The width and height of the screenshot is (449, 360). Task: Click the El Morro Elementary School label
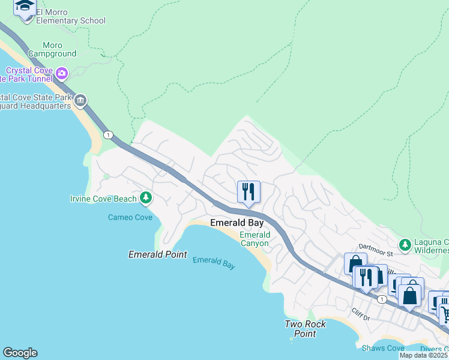pos(70,16)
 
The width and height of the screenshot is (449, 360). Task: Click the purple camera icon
pos(62,74)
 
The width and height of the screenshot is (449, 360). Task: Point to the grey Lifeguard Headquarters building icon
pos(81,100)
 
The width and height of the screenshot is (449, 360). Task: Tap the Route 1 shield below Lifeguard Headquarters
pos(107,134)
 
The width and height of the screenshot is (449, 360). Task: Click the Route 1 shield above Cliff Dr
pos(382,299)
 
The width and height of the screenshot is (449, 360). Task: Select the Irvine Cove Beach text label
pos(103,199)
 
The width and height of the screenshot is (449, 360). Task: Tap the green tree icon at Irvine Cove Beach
pos(145,197)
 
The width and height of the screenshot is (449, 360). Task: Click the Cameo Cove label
pos(130,217)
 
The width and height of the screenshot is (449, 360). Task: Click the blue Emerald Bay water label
pos(214,263)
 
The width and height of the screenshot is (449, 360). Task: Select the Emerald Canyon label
pos(255,239)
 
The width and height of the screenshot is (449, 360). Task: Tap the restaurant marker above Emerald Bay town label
pos(249,192)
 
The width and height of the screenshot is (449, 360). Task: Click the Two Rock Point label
pos(305,329)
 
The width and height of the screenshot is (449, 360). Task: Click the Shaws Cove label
pos(383,348)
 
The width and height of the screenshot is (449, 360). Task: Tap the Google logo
pos(20,353)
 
